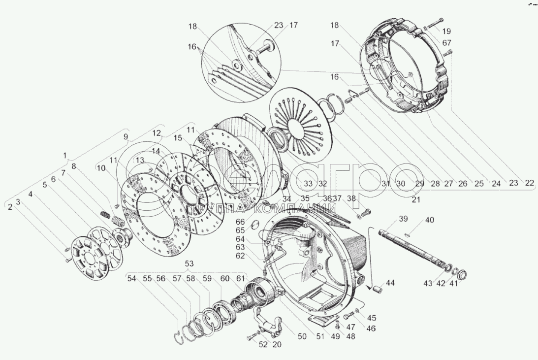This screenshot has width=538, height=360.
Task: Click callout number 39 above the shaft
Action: pos(403,219)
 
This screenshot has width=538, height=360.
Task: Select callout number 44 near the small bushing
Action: pos(390,283)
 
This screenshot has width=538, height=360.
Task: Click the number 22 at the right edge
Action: pos(529,183)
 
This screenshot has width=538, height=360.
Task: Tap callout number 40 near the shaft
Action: pos(430,220)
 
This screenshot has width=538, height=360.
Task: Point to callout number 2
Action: pos(9,207)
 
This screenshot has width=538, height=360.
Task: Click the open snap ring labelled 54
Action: pos(183,335)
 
